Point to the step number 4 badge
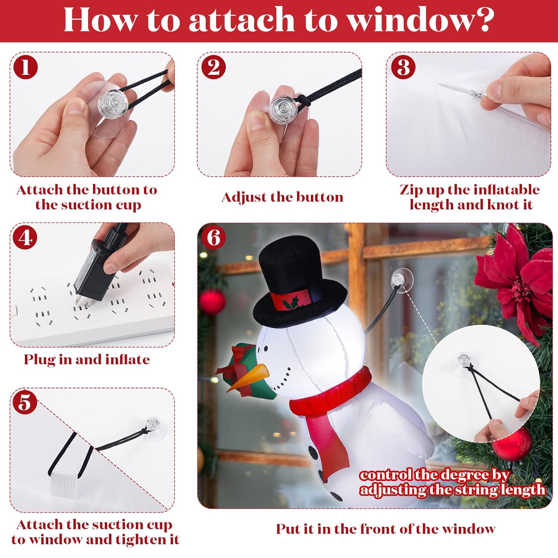point(25,237)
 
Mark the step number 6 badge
point(214,237)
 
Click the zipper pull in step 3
point(477,94)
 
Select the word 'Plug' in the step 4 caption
point(40,360)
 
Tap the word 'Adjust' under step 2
point(244,197)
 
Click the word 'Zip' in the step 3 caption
point(411,190)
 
